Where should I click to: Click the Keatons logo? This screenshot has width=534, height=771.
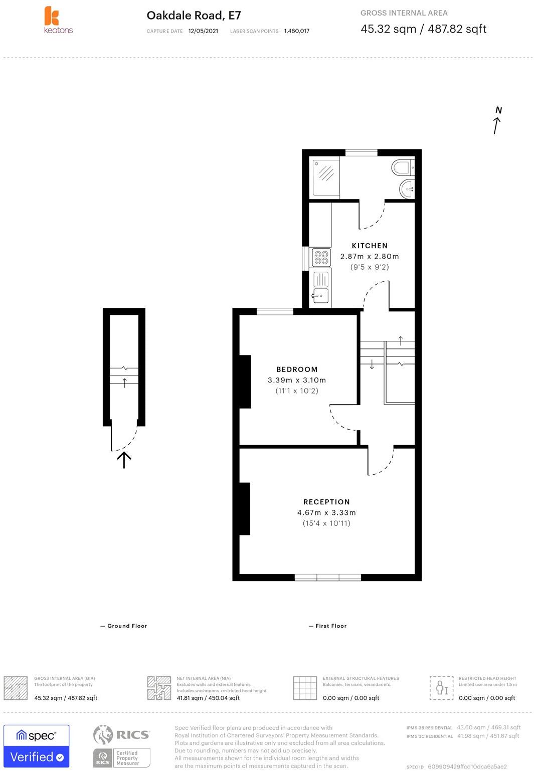pyautogui.click(x=57, y=20)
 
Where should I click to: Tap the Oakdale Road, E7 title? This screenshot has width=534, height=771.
pyautogui.click(x=194, y=16)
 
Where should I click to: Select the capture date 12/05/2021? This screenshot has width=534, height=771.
pyautogui.click(x=203, y=31)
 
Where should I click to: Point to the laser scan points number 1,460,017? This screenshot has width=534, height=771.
pyautogui.click(x=296, y=31)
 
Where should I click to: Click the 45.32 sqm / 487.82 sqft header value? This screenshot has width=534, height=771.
pyautogui.click(x=423, y=29)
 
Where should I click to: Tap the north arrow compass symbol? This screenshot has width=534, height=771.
pyautogui.click(x=497, y=121)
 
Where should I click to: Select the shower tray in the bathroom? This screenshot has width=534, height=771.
pyautogui.click(x=326, y=176)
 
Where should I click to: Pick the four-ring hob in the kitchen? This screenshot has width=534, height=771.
pyautogui.click(x=321, y=258)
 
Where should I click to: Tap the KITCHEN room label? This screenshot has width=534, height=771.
pyautogui.click(x=370, y=246)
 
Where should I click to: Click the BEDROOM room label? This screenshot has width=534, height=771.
pyautogui.click(x=297, y=369)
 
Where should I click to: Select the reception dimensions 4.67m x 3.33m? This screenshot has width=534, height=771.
pyautogui.click(x=326, y=512)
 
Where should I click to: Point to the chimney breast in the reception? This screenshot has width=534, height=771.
pyautogui.click(x=244, y=509)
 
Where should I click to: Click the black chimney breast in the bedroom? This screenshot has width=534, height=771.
pyautogui.click(x=245, y=381)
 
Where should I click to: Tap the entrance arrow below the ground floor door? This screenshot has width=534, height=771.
pyautogui.click(x=124, y=459)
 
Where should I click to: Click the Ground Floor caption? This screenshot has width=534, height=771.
pyautogui.click(x=127, y=626)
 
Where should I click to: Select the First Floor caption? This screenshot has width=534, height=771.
pyautogui.click(x=331, y=626)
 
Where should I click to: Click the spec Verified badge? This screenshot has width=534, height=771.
pyautogui.click(x=37, y=746)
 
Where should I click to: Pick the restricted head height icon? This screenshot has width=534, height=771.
pyautogui.click(x=441, y=688)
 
